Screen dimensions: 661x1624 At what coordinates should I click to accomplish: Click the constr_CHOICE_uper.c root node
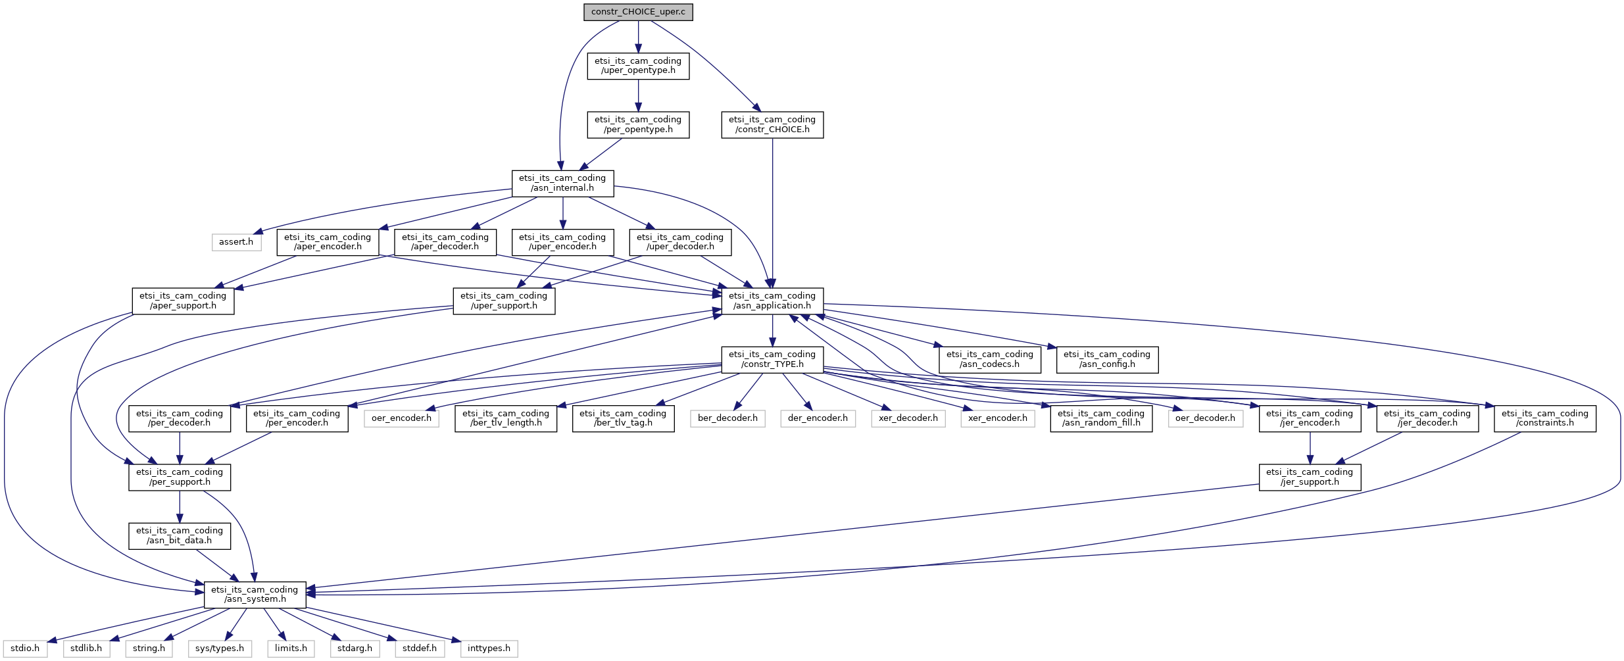(637, 12)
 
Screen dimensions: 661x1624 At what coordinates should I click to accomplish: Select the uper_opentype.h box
(637, 66)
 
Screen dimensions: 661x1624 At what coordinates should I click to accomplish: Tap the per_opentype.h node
(637, 124)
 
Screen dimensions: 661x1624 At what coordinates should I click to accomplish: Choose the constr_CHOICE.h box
(772, 124)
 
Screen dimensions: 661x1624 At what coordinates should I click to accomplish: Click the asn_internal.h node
(562, 183)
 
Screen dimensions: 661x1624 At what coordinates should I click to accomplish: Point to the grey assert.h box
(236, 242)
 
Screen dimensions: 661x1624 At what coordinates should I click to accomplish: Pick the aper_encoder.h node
(328, 242)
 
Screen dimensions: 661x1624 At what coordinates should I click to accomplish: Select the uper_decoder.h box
(679, 242)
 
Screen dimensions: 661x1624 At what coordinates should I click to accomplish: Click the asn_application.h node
(772, 301)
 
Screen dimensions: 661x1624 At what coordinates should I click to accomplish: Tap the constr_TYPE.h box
(772, 359)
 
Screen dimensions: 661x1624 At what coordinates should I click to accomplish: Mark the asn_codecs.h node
(989, 359)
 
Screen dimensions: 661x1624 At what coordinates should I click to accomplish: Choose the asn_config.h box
(1106, 359)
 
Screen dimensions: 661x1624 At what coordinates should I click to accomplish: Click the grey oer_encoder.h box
(401, 418)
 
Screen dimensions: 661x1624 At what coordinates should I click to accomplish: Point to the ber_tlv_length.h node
(505, 418)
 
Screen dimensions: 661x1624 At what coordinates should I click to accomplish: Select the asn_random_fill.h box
(1101, 418)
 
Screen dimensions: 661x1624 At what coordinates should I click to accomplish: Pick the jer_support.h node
(1309, 477)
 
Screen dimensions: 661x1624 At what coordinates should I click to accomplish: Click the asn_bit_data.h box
(180, 535)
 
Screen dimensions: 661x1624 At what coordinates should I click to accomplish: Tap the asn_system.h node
(255, 595)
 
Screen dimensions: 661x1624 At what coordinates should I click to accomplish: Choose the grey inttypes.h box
(489, 649)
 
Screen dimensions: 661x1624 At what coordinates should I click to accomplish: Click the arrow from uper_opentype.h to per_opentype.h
(637, 95)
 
